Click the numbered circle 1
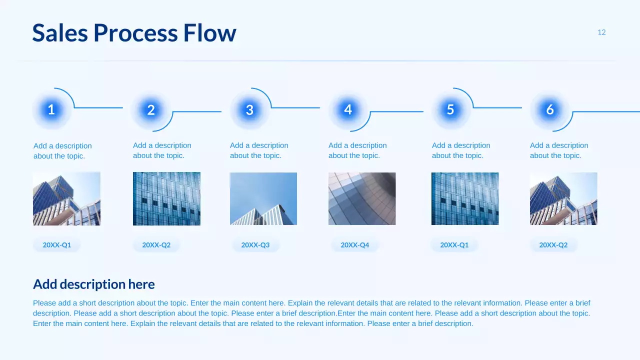click(x=51, y=110)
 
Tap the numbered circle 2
click(x=151, y=110)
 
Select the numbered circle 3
click(x=249, y=110)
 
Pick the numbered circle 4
click(x=348, y=109)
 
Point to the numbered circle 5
click(x=450, y=109)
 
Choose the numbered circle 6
click(x=549, y=110)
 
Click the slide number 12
click(x=601, y=32)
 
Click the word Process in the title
click(x=135, y=33)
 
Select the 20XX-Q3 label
click(x=255, y=245)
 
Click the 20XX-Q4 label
click(x=355, y=245)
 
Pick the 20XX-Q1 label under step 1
click(x=57, y=245)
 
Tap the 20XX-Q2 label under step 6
click(x=553, y=245)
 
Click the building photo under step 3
click(x=263, y=198)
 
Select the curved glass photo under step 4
click(x=362, y=198)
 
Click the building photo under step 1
click(x=66, y=198)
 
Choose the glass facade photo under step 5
click(x=465, y=198)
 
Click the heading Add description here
click(x=94, y=284)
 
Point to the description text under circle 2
click(x=162, y=150)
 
